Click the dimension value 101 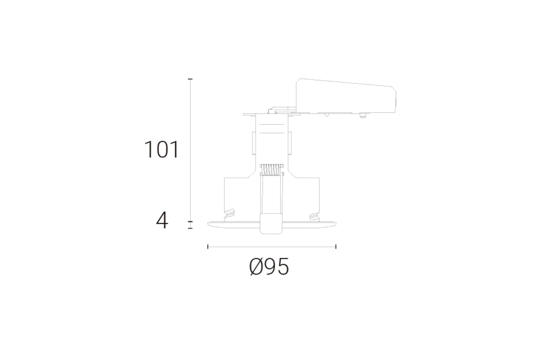pos(161,149)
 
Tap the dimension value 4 pos(162,220)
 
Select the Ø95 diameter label pos(269,266)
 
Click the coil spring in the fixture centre pos(272,170)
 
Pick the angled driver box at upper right pos(346,96)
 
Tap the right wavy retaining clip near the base pos(314,216)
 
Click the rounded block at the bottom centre pos(271,224)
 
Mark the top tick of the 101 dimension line pos(190,79)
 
